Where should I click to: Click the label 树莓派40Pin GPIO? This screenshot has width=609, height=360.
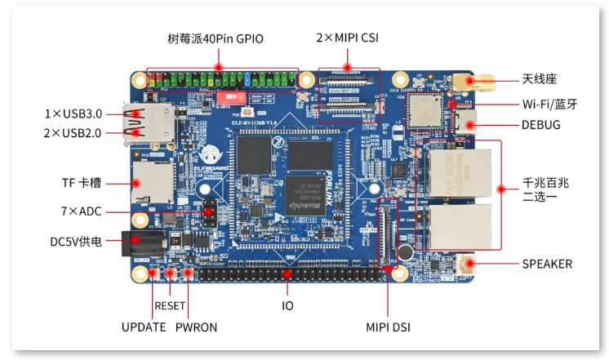point(216,38)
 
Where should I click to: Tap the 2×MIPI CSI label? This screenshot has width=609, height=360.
point(347,38)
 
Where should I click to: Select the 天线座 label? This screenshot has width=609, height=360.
point(539,79)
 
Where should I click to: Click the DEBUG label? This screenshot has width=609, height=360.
point(541,125)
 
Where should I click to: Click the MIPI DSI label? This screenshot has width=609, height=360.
point(388,327)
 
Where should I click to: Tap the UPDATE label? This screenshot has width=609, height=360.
point(144,327)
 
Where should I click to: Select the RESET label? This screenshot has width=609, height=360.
point(171,306)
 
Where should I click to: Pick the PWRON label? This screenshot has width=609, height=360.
point(197,327)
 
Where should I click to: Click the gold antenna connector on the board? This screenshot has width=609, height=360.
point(465,82)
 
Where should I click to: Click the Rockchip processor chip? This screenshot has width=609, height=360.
point(306,197)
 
